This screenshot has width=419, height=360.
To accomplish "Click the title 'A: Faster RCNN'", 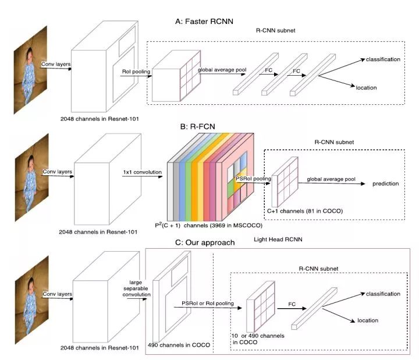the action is pyautogui.click(x=204, y=22).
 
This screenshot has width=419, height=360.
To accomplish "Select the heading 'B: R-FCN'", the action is pyautogui.click(x=197, y=126).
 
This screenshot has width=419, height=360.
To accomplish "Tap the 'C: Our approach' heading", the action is pyautogui.click(x=205, y=242).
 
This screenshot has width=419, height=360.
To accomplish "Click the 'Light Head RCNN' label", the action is pyautogui.click(x=278, y=239).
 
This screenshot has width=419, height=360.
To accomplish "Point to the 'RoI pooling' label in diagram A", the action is pyautogui.click(x=136, y=72).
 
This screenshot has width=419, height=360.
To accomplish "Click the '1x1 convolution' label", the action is pyautogui.click(x=142, y=172).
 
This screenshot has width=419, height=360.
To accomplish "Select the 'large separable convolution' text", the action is pyautogui.click(x=136, y=288).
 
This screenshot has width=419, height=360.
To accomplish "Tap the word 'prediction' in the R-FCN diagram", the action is pyautogui.click(x=386, y=183).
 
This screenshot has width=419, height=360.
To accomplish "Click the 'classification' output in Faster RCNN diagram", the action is pyautogui.click(x=383, y=59).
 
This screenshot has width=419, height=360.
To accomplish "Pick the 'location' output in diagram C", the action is pyautogui.click(x=368, y=320).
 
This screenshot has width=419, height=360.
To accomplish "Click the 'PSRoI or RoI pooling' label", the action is pyautogui.click(x=208, y=303).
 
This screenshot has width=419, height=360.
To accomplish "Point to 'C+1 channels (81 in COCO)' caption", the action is pyautogui.click(x=305, y=211).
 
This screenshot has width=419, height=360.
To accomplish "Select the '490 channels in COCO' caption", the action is pyautogui.click(x=179, y=345).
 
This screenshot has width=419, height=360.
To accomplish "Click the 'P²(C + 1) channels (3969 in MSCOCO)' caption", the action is pyautogui.click(x=209, y=225).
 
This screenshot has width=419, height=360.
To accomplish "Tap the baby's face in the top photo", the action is pyautogui.click(x=29, y=55).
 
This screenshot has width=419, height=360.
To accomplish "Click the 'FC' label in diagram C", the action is pyautogui.click(x=292, y=304).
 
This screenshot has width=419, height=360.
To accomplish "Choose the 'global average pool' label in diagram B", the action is pyautogui.click(x=331, y=179).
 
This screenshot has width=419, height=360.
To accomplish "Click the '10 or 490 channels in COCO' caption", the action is pyautogui.click(x=258, y=339).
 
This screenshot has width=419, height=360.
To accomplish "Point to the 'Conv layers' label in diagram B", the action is pyautogui.click(x=58, y=172).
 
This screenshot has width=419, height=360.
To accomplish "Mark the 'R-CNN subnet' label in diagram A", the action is pyautogui.click(x=275, y=30).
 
